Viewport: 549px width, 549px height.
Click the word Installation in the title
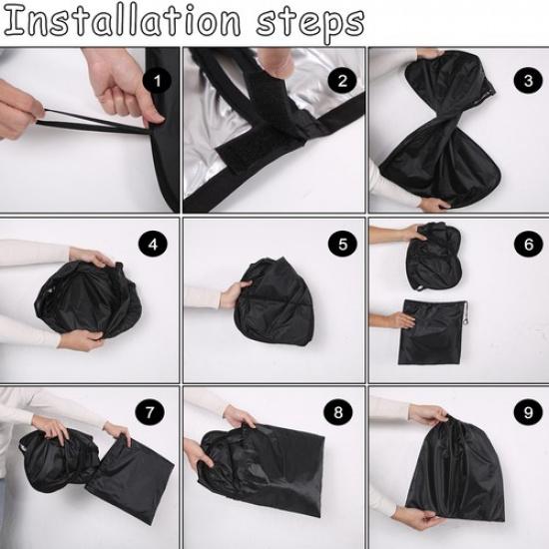point(122,21)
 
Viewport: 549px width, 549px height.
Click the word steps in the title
point(310,24)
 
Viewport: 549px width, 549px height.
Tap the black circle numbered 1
point(157,81)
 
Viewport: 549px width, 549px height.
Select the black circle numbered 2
point(342,81)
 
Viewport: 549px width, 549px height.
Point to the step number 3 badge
point(528,80)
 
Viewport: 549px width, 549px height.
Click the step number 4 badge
point(153,245)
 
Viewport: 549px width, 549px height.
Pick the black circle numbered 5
point(342,244)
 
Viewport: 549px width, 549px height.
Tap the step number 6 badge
point(528,244)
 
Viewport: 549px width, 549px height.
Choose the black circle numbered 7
point(150,412)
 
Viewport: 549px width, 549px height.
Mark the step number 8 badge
point(338,412)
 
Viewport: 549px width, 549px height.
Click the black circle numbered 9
point(528,412)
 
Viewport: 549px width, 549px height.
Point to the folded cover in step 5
point(274,301)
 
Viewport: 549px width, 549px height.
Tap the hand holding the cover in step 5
point(234,294)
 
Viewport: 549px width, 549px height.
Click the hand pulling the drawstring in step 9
point(428,415)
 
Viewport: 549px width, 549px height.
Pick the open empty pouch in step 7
point(130,481)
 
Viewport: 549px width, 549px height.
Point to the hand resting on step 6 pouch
point(402,320)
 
